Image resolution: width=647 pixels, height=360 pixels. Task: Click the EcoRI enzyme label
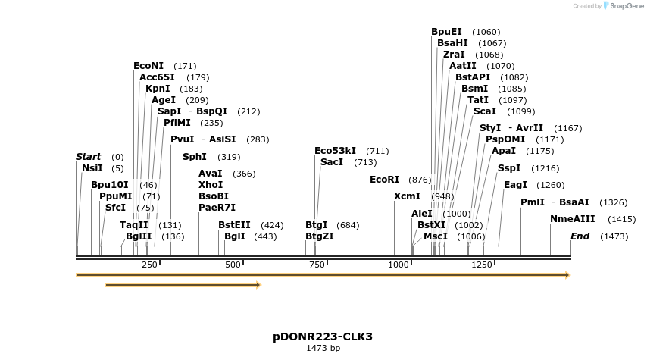coord(384,180)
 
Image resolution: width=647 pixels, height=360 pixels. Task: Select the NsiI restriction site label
coord(92,168)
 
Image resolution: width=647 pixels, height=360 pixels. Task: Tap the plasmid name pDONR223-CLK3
coord(323,337)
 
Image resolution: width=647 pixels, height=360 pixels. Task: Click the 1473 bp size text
coord(323,349)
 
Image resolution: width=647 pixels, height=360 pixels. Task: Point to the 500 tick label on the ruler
coord(233,265)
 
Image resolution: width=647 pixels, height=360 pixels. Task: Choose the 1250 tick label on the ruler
coord(482,265)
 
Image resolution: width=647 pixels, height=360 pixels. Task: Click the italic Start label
coord(88,157)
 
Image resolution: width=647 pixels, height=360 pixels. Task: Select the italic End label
coord(580,236)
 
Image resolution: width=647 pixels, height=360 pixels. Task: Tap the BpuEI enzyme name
coord(446,32)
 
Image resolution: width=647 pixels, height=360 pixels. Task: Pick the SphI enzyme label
coord(194,157)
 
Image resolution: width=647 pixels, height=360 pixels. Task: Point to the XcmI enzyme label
coord(407,196)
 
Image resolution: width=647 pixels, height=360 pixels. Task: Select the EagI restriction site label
coord(515,185)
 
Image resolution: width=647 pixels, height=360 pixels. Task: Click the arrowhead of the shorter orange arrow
coord(258,285)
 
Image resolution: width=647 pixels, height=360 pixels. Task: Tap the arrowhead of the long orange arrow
coord(567,275)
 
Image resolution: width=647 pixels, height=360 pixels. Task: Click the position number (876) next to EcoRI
coord(420,180)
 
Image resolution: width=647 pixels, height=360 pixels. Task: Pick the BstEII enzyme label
coord(234,225)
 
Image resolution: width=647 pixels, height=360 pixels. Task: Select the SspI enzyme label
coord(509,168)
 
